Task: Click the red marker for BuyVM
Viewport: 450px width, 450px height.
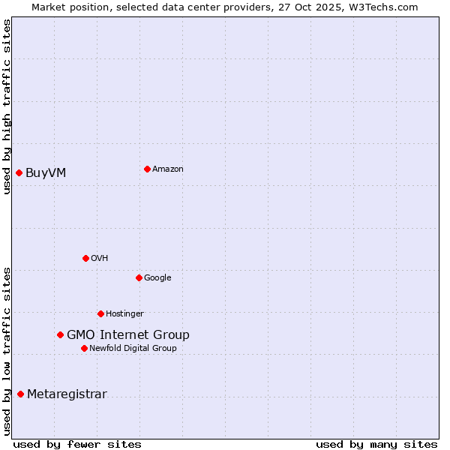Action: click(x=19, y=173)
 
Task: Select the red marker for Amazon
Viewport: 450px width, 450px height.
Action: click(x=147, y=169)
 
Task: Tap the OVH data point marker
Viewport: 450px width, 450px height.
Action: click(x=85, y=258)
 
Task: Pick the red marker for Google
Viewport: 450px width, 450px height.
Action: click(x=139, y=277)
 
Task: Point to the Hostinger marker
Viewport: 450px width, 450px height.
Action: click(x=100, y=313)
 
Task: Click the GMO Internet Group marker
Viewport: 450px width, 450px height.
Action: click(x=60, y=334)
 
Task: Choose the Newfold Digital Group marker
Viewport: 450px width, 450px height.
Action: click(x=84, y=348)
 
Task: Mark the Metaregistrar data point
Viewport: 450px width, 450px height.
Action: click(x=20, y=394)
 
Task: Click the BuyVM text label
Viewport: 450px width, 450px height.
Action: click(x=46, y=173)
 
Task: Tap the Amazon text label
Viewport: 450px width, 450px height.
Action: click(x=168, y=169)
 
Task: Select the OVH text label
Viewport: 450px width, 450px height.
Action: click(x=100, y=259)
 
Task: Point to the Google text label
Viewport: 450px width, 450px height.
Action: click(x=157, y=278)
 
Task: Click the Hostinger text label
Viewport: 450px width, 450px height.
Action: click(x=124, y=313)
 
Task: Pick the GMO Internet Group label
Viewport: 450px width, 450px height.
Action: click(x=128, y=335)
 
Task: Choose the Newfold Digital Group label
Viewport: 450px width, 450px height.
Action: click(x=133, y=348)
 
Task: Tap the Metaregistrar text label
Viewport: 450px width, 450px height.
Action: click(x=67, y=394)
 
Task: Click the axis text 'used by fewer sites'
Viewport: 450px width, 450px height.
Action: click(x=77, y=444)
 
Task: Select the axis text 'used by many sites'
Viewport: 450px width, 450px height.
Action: click(x=376, y=444)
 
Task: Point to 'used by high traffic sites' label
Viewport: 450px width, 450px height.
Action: click(x=7, y=106)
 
